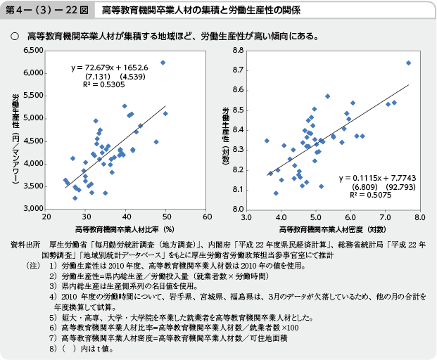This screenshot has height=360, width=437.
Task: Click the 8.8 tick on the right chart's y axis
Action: click(237, 51)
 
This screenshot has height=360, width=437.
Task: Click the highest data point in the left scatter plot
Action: click(163, 63)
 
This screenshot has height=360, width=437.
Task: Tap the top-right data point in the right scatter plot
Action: click(408, 63)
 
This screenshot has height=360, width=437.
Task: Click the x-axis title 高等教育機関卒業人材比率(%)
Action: click(125, 229)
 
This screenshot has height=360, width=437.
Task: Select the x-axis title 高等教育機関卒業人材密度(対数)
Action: click(331, 229)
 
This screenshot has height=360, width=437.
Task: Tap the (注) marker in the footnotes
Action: click(32, 267)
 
